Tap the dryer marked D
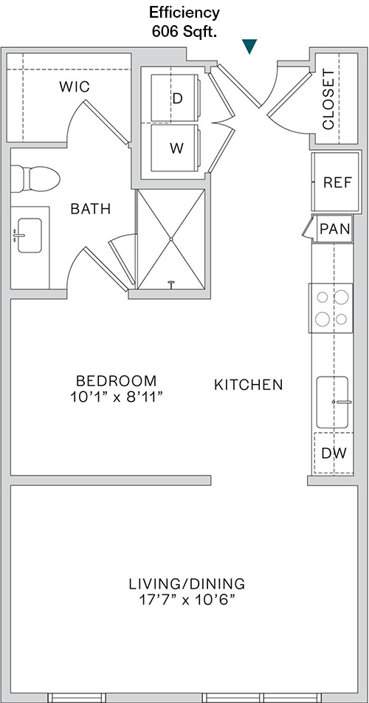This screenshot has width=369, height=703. pos(176,97)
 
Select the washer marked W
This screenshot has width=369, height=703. pos(176,148)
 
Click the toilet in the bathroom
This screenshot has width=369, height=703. pos(35,179)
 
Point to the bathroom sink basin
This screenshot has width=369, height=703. pos(30,236)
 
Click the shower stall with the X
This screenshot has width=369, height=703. pos(171,239)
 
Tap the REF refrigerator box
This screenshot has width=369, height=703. pos(337,182)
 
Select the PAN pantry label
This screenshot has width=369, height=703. pos(335,229)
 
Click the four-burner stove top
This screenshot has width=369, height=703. pos(331,308)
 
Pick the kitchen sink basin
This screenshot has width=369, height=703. pos(332,402)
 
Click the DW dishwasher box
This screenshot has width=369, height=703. pos(334,453)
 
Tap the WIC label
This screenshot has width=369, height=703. pos(75,86)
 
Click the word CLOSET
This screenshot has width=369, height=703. pos(328,100)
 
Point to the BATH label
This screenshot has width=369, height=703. pos(91,208)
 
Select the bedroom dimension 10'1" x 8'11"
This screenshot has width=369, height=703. pos(116,397)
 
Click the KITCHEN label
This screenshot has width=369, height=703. pos(249,385)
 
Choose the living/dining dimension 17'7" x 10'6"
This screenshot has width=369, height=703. pos(187,600)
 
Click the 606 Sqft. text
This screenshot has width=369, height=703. pos(184,31)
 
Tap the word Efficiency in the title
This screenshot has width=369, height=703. pos(184,13)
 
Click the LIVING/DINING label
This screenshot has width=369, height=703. pos(187,584)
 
